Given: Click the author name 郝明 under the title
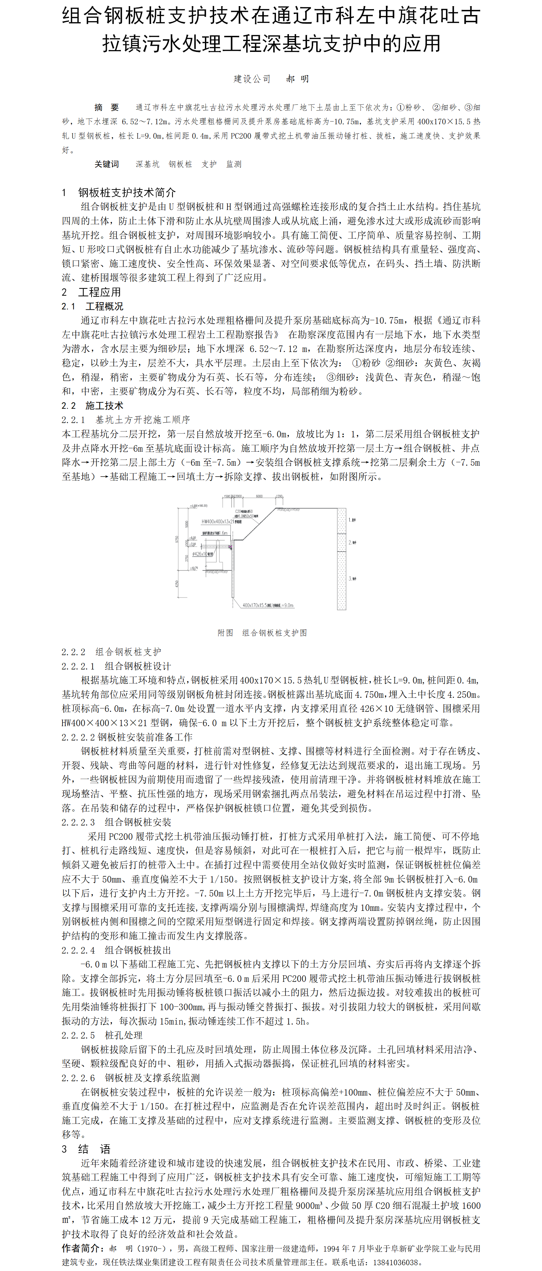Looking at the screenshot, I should click(298, 79).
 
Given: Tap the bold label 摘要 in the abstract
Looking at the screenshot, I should click(107, 108).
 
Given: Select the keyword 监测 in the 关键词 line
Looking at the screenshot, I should click(234, 164).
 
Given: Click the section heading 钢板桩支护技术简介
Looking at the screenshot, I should click(127, 193).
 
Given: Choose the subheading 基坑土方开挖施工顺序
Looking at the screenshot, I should click(143, 419).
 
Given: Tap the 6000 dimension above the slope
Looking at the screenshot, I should click(259, 496).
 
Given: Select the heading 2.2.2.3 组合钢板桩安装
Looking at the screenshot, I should click(116, 822).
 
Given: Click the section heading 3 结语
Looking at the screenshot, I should click(86, 1149).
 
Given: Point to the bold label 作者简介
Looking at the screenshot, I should click(81, 1248).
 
